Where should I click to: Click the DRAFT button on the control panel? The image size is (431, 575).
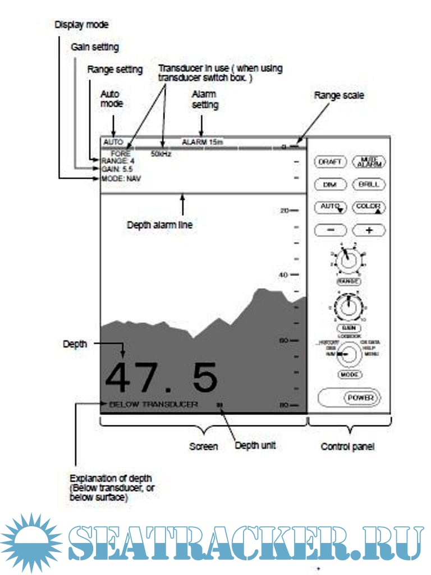[x=330, y=162]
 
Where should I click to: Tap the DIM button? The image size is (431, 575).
[x=330, y=184]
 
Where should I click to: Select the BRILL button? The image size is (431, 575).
[x=368, y=184]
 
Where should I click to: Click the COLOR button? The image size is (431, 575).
[x=368, y=207]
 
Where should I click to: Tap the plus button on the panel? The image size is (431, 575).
[x=368, y=230]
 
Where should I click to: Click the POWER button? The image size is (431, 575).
[x=361, y=398]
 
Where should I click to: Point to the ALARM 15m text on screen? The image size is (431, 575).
[x=202, y=142]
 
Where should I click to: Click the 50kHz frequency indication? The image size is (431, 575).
[x=161, y=153]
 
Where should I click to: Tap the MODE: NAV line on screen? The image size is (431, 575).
[x=121, y=179]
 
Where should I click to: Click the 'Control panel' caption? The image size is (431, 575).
[x=347, y=447]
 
